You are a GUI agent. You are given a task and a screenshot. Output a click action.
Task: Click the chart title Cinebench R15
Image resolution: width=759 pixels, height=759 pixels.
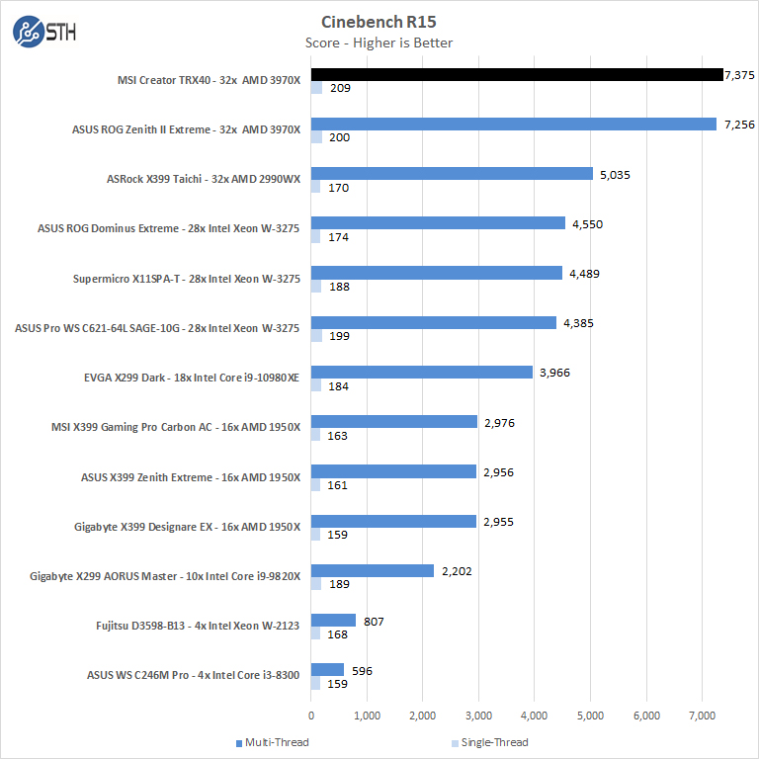click(379, 21)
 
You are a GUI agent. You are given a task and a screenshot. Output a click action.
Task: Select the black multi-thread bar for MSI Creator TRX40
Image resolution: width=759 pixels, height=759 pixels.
click(517, 74)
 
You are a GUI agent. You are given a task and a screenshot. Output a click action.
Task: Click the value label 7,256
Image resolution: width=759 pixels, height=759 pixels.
click(738, 125)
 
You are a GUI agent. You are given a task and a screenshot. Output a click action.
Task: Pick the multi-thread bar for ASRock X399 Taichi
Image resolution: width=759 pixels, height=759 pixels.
click(452, 174)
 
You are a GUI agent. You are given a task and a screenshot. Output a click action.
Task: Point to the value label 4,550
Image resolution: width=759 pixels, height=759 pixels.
click(586, 224)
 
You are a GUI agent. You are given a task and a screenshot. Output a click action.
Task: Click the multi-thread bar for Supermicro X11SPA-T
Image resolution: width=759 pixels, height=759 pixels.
click(437, 273)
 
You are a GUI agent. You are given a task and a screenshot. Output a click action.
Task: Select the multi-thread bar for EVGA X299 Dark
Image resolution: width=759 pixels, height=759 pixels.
click(422, 373)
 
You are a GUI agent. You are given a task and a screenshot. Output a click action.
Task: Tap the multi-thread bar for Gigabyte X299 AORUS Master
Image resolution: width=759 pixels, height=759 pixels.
click(373, 570)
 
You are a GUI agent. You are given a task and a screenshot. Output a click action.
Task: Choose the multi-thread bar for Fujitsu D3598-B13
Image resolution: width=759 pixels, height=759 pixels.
click(333, 621)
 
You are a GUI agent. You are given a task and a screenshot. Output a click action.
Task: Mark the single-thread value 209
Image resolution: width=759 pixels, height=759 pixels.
click(341, 89)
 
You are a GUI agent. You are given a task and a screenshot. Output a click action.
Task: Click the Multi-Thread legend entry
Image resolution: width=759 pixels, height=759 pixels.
click(274, 742)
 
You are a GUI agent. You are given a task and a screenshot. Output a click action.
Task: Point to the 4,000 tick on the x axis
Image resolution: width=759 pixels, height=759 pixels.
click(535, 715)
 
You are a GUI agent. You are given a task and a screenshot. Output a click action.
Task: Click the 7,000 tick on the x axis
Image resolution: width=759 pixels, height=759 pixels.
click(702, 715)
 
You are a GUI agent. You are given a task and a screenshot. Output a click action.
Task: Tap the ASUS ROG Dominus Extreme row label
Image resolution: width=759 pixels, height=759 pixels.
click(168, 229)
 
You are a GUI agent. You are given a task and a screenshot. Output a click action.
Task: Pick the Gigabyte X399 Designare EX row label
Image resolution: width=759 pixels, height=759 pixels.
click(187, 527)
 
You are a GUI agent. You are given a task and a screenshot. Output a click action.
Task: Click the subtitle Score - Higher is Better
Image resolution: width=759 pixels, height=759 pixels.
click(379, 42)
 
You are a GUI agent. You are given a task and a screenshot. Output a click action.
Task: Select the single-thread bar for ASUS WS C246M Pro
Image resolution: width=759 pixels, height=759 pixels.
click(316, 683)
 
